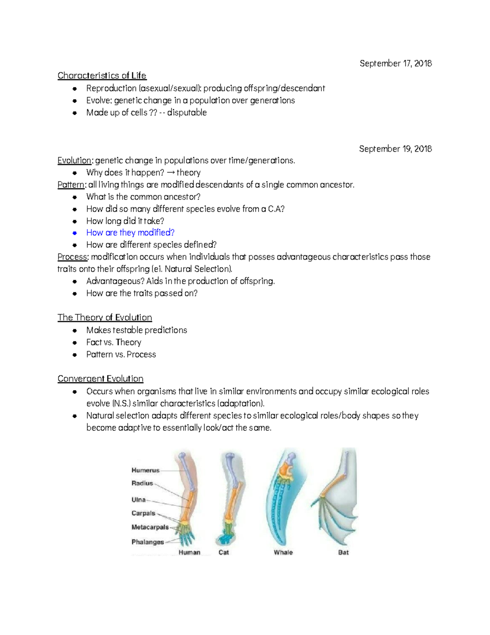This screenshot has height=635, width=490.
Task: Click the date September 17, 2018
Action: click(x=395, y=63)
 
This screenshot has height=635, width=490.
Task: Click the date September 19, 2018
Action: click(x=395, y=149)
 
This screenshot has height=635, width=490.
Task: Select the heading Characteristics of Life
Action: click(x=102, y=76)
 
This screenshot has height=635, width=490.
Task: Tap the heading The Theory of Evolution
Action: click(x=105, y=318)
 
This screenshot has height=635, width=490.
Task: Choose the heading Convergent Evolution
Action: click(x=100, y=379)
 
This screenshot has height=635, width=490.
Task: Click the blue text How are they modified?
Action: click(x=130, y=233)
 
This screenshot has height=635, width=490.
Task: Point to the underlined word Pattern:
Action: click(x=71, y=185)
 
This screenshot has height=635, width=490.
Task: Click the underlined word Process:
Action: click(x=73, y=257)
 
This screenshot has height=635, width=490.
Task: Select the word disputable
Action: click(x=187, y=112)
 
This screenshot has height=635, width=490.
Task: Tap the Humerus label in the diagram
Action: click(x=145, y=470)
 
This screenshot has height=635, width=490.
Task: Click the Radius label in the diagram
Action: click(x=142, y=483)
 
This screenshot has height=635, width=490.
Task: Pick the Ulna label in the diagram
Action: click(x=138, y=500)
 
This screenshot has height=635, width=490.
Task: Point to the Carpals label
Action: click(x=143, y=513)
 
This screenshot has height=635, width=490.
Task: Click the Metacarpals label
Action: click(x=150, y=527)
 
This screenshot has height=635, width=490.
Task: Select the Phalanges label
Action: click(x=147, y=542)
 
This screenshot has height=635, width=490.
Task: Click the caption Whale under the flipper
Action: click(x=283, y=552)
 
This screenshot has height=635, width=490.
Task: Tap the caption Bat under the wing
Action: click(x=343, y=552)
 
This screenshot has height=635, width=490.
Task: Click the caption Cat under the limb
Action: click(x=224, y=552)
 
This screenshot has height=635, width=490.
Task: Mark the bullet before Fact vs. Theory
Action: click(x=75, y=343)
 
